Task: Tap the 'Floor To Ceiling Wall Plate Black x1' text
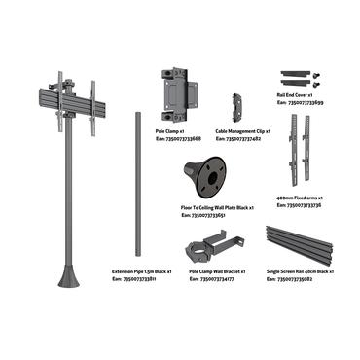217,207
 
